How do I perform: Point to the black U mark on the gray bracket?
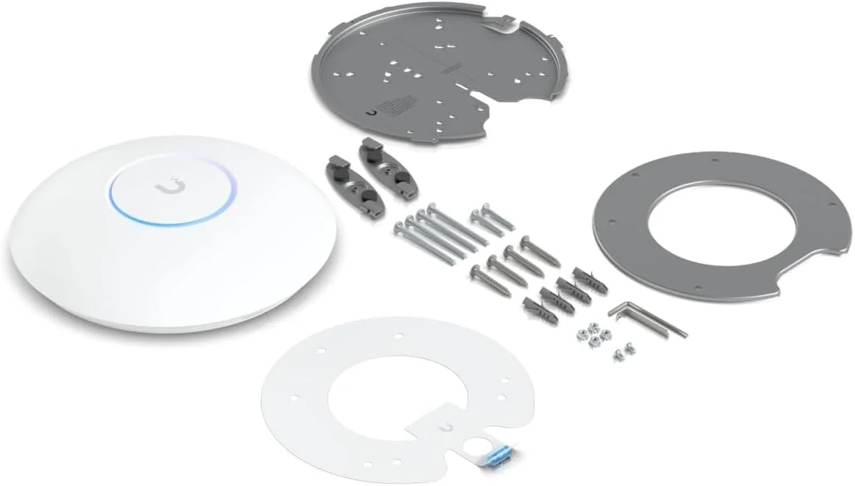pyautogui.click(x=371, y=112)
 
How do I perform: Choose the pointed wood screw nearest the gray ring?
pyautogui.click(x=540, y=250)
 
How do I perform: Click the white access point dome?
pyautogui.click(x=173, y=238)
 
